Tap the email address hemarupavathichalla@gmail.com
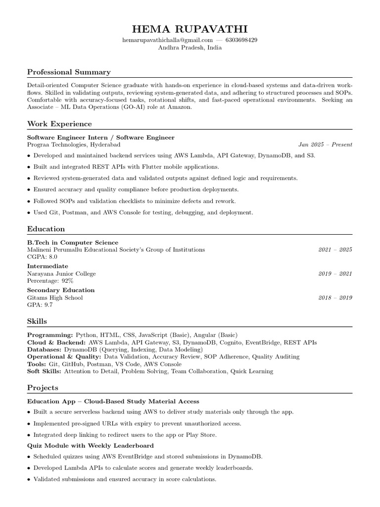pos(167,40)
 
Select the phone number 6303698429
pos(241,40)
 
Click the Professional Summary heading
pos(69,72)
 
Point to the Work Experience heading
pos(59,124)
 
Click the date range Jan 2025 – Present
pos(325,145)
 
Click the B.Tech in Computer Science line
pos(73,243)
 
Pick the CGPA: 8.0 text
pos(42,257)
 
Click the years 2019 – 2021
pos(335,274)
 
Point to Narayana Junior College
pos(61,274)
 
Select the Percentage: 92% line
pos(50,281)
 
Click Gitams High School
pos(55,298)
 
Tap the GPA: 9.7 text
pos(40,305)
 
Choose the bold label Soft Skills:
pos(44,371)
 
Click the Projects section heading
pos(43,388)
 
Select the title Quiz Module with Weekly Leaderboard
pos(90,446)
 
